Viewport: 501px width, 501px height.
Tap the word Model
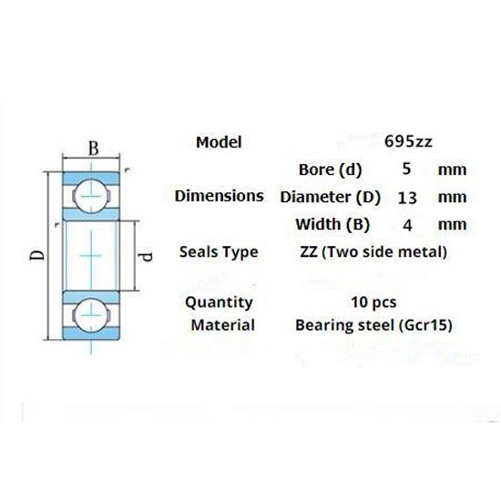pos(219,142)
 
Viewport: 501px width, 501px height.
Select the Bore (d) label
pos(330,169)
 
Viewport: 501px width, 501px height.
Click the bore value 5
pos(406,169)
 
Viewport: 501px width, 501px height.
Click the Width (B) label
pos(331,224)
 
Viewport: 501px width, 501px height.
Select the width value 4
pos(406,224)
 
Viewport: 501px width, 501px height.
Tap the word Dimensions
pos(219,196)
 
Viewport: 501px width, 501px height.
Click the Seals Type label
pos(220,252)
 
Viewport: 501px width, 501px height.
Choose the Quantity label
pos(219,302)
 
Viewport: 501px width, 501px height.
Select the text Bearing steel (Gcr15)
pos(374,324)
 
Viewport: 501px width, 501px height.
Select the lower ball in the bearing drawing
pos(92,312)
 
